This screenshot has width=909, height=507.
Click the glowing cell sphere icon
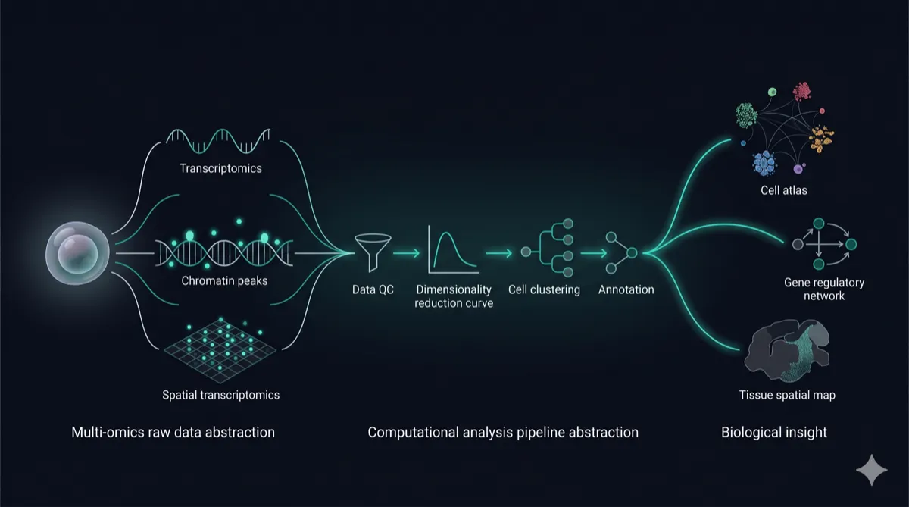pos(77,253)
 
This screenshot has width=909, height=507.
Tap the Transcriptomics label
pos(220,168)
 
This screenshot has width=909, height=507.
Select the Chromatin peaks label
pos(224,281)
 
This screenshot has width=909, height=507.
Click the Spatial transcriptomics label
pos(220,395)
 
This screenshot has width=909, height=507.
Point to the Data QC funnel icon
pos(373,252)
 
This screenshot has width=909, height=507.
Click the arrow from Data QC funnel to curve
pos(406,253)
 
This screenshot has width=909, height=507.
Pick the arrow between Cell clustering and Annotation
pos(594,253)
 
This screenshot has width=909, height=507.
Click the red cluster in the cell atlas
pos(802,92)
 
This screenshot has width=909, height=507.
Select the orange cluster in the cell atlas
pos(821,139)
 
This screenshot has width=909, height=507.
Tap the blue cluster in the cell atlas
pos(765,163)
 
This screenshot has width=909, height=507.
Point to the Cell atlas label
pos(783,190)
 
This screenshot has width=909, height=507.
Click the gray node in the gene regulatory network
pos(798,244)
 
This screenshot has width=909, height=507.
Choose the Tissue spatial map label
pos(787,395)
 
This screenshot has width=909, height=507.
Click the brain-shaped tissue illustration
pos(786,351)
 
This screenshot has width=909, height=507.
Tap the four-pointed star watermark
pos(872,470)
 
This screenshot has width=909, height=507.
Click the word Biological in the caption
pos(751,432)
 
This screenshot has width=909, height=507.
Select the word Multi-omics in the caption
pos(108,432)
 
